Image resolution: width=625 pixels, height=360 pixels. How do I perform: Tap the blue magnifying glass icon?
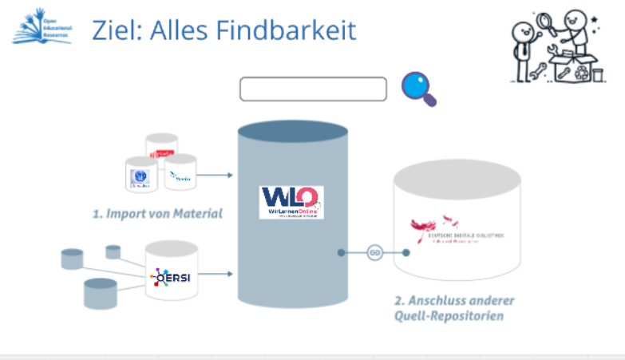click(417, 87)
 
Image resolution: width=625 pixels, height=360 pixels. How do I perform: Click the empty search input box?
click(313, 89)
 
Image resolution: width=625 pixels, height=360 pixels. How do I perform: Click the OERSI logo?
click(171, 277)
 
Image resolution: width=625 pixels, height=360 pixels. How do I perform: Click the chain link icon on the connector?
click(374, 252)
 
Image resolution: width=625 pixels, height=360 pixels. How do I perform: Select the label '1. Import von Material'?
click(156, 213)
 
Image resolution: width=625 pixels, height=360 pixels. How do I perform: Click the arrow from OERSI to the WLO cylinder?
click(216, 274)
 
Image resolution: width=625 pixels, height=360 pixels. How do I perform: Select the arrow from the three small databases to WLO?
click(216, 174)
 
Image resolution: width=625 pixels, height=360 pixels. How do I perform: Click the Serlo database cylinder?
click(180, 172)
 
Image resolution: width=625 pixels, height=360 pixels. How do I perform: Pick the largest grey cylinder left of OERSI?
click(101, 293)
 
